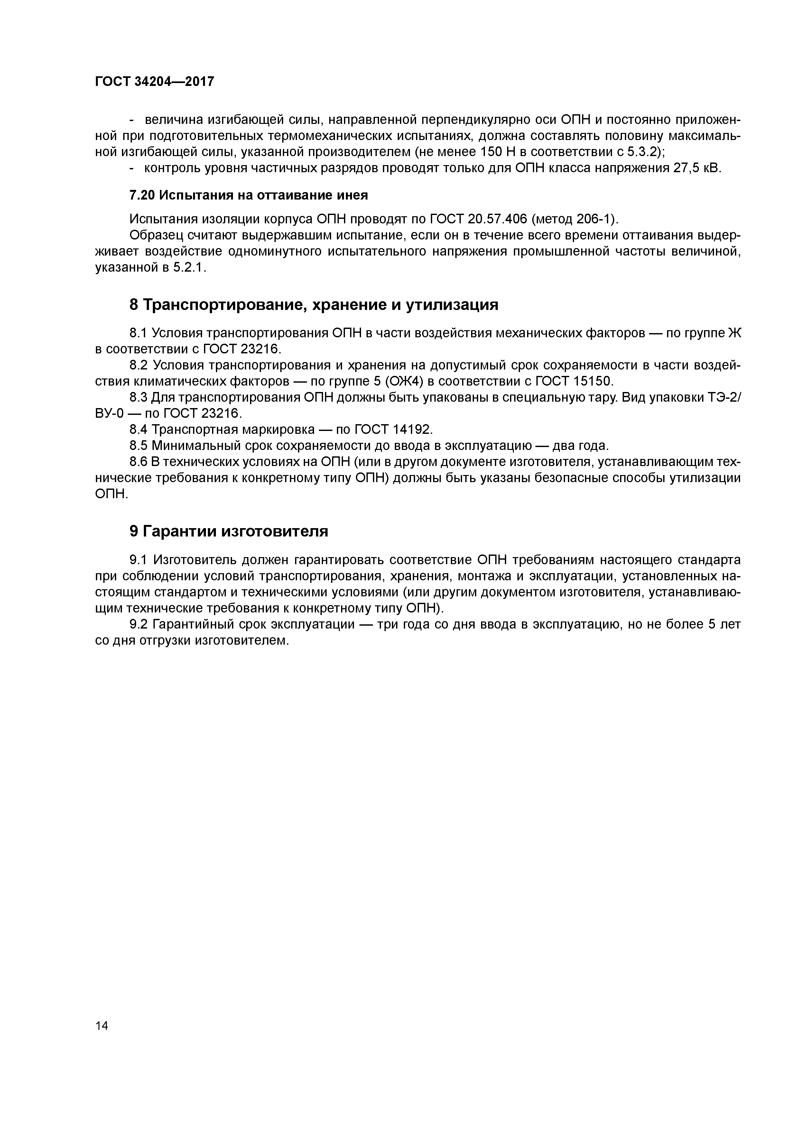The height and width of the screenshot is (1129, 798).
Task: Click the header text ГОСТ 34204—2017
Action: [x=154, y=82]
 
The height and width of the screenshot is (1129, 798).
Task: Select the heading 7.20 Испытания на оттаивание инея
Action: [x=248, y=195]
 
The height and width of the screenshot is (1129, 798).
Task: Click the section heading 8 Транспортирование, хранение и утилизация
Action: [x=314, y=305]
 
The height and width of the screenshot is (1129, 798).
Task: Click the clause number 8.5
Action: [x=139, y=445]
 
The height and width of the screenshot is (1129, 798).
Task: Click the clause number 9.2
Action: [x=139, y=624]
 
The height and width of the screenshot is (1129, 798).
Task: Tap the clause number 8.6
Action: [x=139, y=462]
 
